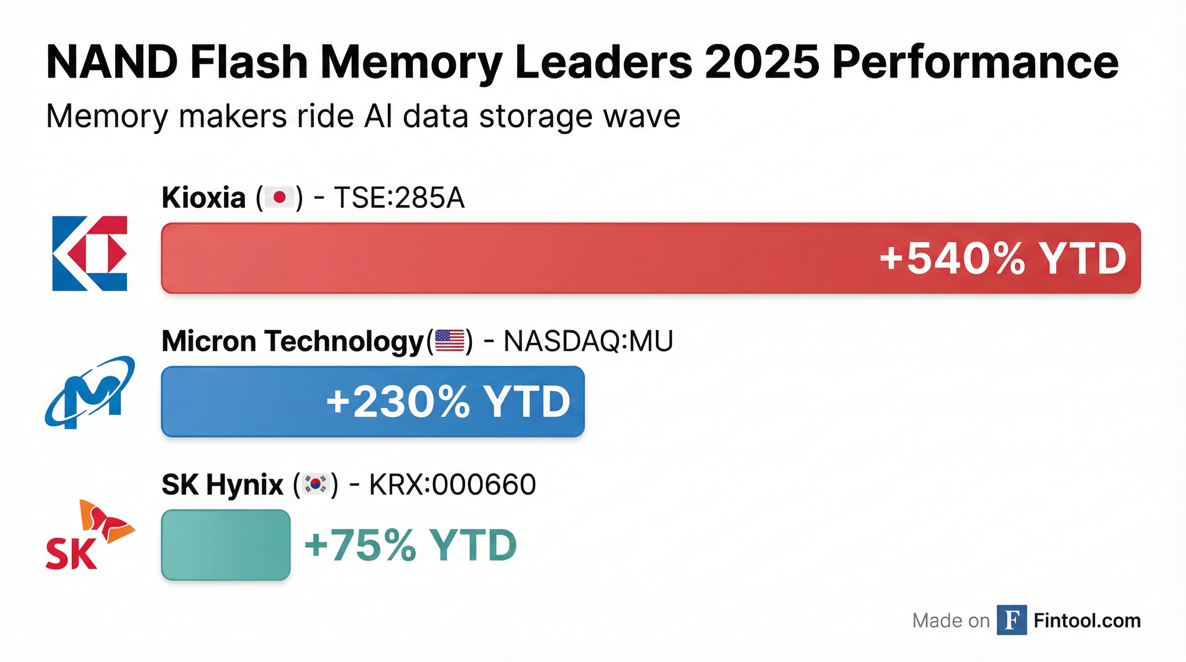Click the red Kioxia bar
tap(506, 258)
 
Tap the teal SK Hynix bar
tap(225, 545)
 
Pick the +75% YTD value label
tap(411, 545)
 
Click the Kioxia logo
tap(90, 253)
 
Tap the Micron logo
tap(90, 392)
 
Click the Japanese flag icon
tap(279, 198)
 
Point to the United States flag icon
tap(449, 340)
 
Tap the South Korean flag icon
tap(315, 484)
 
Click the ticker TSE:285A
tap(399, 198)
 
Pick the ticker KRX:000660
tap(453, 484)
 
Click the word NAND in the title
tap(112, 62)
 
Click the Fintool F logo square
tap(1011, 620)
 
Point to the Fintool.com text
tap(1087, 621)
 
